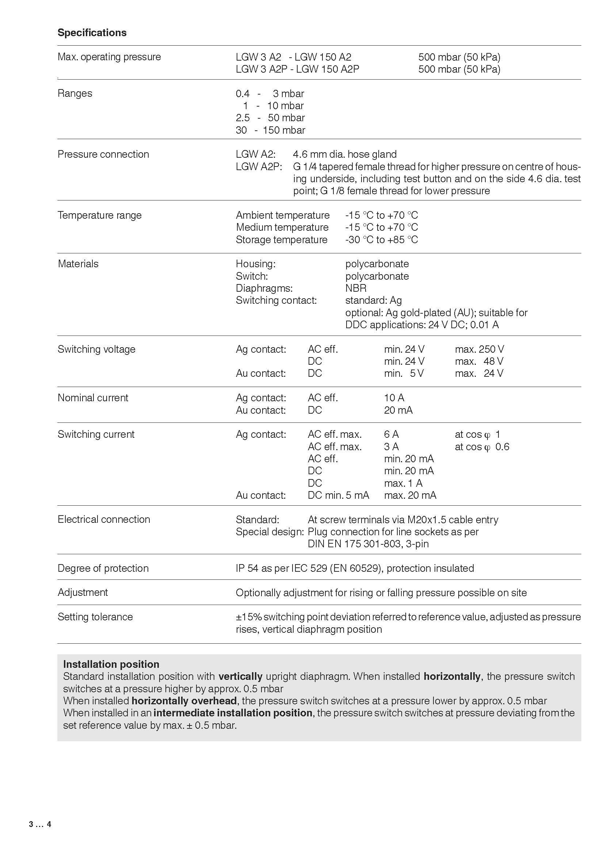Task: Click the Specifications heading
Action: click(x=92, y=33)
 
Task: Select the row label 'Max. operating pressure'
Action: click(x=109, y=57)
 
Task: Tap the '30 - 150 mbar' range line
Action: click(x=270, y=130)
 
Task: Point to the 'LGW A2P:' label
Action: click(x=259, y=166)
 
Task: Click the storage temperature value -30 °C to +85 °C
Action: click(x=381, y=240)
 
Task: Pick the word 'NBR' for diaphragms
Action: click(x=356, y=288)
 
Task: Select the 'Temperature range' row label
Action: click(x=99, y=215)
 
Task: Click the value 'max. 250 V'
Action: click(x=479, y=349)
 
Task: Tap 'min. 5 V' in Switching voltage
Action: click(x=404, y=374)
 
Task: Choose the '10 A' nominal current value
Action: click(x=394, y=398)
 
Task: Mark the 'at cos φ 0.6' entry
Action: click(x=482, y=447)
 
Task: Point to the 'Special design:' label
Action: click(x=269, y=532)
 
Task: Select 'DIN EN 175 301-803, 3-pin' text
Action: click(x=368, y=544)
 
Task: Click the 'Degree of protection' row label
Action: click(x=103, y=568)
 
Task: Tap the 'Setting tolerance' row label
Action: click(x=95, y=617)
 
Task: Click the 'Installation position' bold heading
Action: click(x=111, y=664)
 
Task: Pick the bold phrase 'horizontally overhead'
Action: click(x=184, y=701)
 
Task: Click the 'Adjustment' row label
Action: click(x=83, y=593)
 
